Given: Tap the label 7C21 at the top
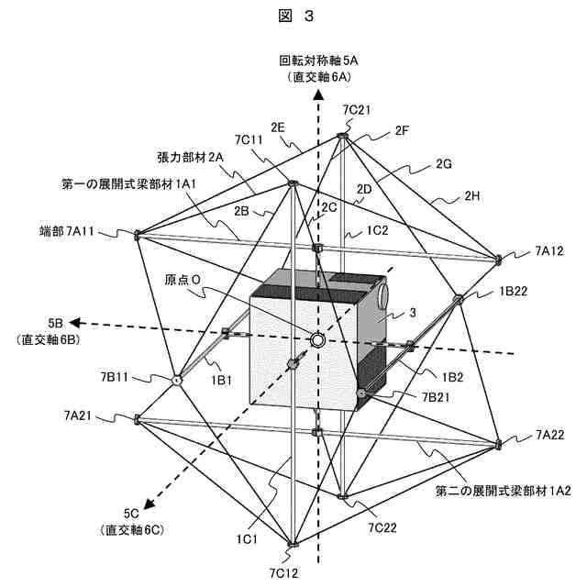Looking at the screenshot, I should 356,109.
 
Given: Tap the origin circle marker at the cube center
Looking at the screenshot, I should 317,340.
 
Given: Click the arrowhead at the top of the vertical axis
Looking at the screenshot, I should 318,94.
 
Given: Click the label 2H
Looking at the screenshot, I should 472,195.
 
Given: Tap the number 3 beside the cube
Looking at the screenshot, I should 414,312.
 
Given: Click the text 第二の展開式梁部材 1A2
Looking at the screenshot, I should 503,491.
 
